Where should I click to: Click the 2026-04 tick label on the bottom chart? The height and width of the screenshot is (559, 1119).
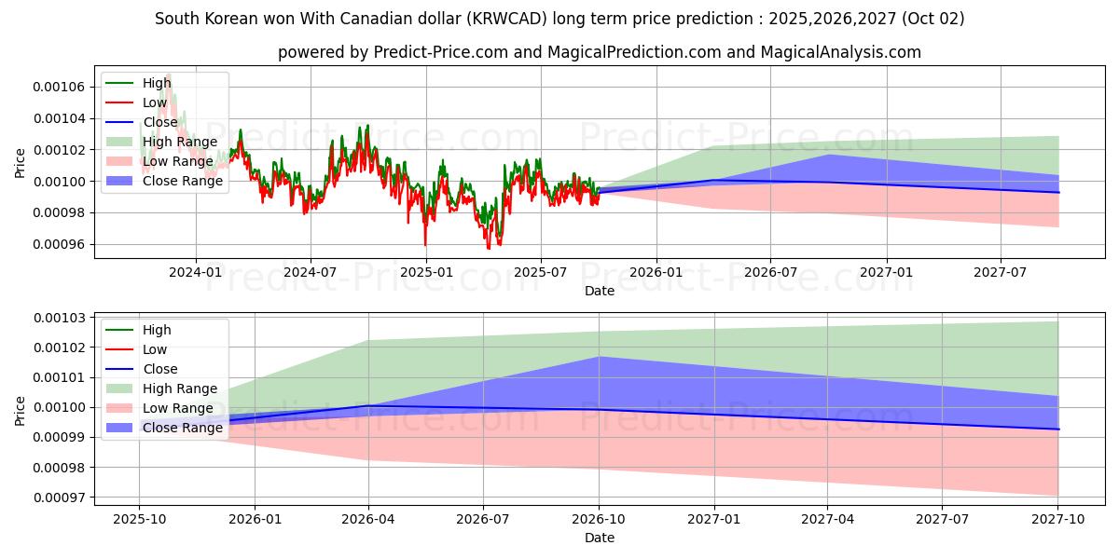pos(368,521)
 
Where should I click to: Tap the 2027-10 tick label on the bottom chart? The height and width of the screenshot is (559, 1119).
pos(1058,521)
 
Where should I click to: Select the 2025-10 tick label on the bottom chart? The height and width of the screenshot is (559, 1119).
pos(139,521)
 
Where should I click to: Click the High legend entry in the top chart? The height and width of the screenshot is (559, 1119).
pos(157,83)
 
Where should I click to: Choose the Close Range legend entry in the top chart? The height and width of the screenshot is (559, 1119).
pos(183,181)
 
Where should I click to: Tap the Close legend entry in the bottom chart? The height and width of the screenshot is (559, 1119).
pos(159,369)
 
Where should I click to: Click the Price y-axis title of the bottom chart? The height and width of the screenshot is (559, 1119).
pos(20,411)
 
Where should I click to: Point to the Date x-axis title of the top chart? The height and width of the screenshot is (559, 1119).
pos(599,291)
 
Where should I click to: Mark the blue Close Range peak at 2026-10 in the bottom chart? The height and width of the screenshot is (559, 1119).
pos(599,357)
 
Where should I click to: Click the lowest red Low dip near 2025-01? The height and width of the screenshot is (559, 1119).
pos(426,244)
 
